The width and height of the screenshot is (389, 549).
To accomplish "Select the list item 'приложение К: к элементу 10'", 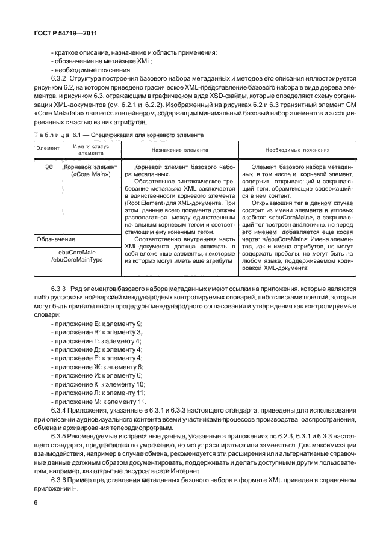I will coord(99,383).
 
